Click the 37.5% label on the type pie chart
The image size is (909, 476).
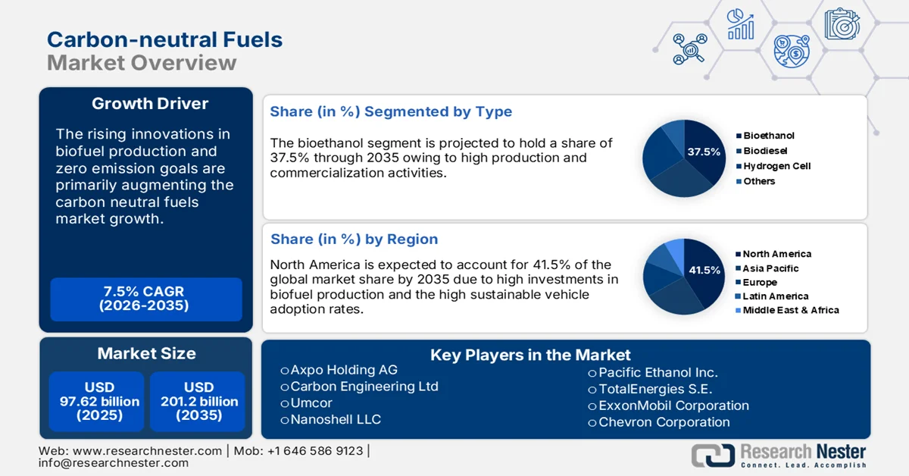[x=704, y=152]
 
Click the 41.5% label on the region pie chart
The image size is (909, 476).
[x=704, y=270]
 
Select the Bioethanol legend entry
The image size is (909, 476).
[x=768, y=136]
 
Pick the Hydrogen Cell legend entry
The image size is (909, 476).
[x=776, y=166]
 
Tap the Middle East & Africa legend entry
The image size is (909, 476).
[x=790, y=310]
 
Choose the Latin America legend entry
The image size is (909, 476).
[x=775, y=296]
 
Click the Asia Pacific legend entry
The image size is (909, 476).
[x=770, y=268]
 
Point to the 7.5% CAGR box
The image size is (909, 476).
[x=144, y=299]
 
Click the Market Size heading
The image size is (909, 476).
[x=146, y=353]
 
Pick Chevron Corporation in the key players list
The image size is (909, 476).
[x=664, y=422]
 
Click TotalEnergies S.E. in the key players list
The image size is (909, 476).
[x=656, y=389]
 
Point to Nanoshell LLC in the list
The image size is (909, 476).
[x=336, y=419]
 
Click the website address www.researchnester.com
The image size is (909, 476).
[x=148, y=451]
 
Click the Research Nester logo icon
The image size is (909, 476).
[x=712, y=455]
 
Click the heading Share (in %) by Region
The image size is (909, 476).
[x=354, y=239]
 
